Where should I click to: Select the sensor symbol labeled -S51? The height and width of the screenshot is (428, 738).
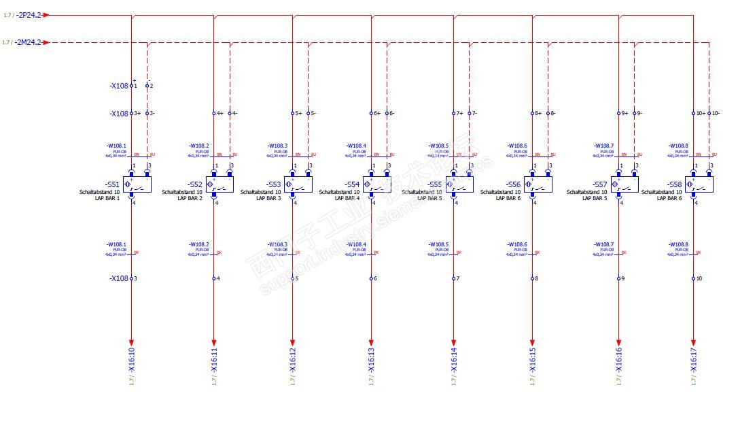(137, 184)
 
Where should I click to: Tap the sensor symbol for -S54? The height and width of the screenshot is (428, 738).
(377, 184)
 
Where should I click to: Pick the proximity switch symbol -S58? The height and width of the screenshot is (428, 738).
(699, 184)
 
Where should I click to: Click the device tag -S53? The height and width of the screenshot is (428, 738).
(274, 184)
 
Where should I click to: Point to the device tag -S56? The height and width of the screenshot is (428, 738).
(513, 184)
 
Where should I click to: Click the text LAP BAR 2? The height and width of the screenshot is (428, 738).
(190, 198)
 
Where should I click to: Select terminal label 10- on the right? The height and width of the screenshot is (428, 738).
(716, 113)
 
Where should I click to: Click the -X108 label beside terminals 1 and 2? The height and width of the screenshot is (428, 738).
(119, 86)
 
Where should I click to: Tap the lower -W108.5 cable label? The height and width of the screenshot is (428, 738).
(439, 244)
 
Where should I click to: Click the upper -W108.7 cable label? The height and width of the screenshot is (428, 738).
(603, 146)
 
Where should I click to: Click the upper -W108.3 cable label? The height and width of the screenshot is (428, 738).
(277, 146)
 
